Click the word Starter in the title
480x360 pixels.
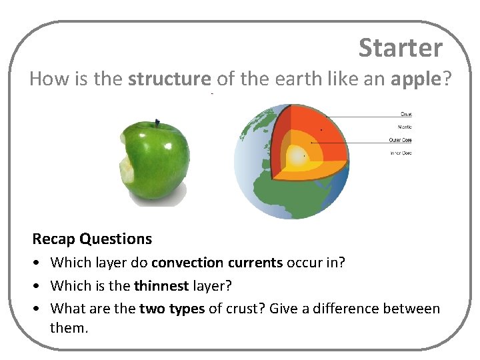click(x=400, y=48)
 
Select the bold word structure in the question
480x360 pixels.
click(x=169, y=79)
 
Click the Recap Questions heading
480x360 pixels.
click(x=92, y=239)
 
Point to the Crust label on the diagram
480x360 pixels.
click(x=405, y=114)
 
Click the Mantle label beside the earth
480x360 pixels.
click(x=405, y=127)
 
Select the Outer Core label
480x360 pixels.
click(x=401, y=140)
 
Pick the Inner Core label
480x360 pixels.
click(x=401, y=153)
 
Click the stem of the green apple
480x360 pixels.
click(x=158, y=123)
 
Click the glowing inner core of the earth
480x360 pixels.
click(x=295, y=157)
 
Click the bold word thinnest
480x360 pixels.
click(x=160, y=285)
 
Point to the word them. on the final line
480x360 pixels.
click(x=69, y=327)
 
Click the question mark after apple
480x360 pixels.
click(x=447, y=79)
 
